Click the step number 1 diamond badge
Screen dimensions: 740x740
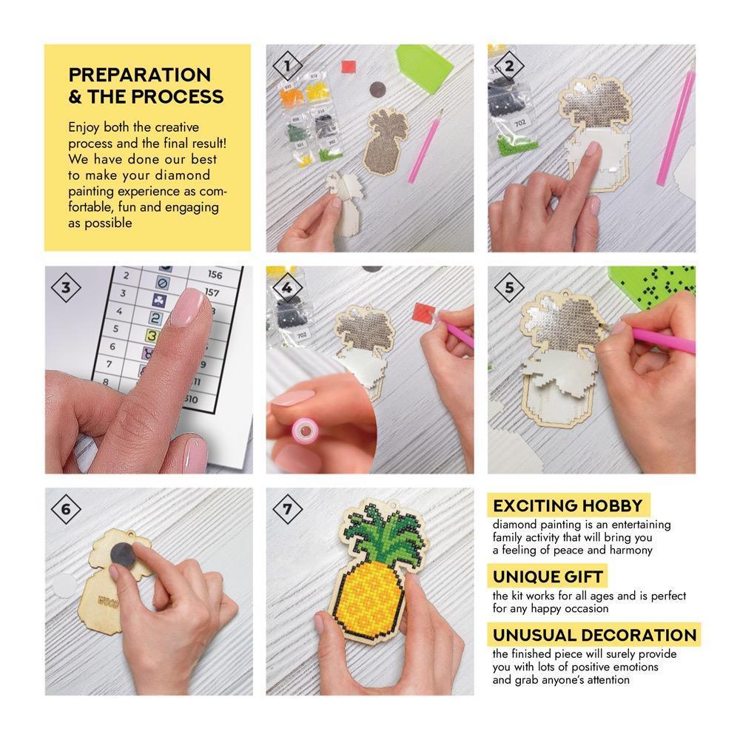(287, 67)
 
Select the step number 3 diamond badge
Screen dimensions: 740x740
(66, 288)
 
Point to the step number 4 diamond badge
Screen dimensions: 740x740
(287, 288)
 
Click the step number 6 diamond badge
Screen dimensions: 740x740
(66, 509)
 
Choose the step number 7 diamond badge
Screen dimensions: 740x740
(287, 509)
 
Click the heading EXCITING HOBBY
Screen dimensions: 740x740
(568, 506)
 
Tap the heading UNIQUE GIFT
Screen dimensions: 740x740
(548, 576)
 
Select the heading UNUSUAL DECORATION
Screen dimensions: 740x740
(594, 635)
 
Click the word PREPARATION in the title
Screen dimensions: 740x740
(140, 75)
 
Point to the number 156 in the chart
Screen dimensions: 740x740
(215, 275)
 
